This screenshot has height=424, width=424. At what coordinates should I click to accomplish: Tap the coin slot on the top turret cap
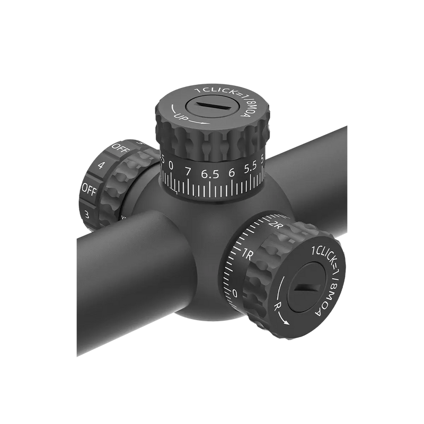tap(209, 106)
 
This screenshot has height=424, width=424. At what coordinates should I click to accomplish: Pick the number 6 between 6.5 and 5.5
tap(231, 172)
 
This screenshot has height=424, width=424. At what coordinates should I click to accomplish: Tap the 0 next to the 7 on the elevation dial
tap(171, 166)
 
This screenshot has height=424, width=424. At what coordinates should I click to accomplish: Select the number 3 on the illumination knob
tap(87, 215)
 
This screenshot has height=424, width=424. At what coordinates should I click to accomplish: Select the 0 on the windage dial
tap(235, 293)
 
